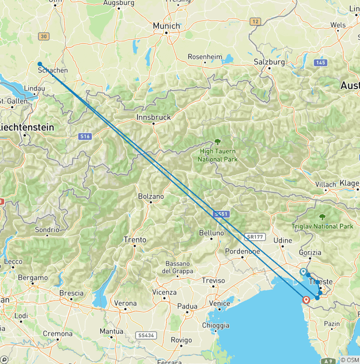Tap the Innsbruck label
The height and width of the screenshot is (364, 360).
click(154, 117)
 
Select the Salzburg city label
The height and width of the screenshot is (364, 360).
click(269, 62)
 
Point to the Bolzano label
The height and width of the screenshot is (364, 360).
click(151, 197)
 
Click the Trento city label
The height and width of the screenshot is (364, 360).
click(135, 240)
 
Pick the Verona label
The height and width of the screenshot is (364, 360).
click(126, 303)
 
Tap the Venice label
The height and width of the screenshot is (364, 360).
click(219, 303)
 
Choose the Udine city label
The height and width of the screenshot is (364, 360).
click(283, 240)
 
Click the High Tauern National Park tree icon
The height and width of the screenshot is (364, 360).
click(217, 141)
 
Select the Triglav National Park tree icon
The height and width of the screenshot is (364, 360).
click(322, 217)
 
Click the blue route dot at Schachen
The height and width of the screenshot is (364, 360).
click(40, 64)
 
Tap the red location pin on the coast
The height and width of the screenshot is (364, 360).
click(307, 299)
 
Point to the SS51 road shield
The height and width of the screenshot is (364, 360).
click(220, 214)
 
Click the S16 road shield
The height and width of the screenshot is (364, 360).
click(84, 136)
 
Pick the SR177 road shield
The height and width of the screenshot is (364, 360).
click(254, 237)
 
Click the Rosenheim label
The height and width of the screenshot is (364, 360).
click(205, 57)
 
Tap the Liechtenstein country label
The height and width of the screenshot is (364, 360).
click(27, 127)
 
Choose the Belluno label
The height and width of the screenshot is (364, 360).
click(211, 233)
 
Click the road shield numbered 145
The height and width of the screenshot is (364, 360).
click(321, 62)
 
